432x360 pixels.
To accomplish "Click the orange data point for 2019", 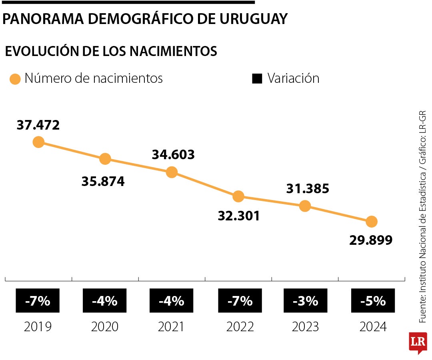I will click(x=38, y=142).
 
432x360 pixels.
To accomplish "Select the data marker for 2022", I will click(x=238, y=196).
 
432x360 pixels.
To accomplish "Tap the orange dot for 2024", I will click(x=372, y=221).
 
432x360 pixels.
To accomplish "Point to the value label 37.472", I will click(x=38, y=125).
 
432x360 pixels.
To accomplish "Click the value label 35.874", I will click(x=103, y=182).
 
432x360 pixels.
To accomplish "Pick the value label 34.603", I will click(x=173, y=155).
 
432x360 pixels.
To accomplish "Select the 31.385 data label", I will click(x=308, y=189).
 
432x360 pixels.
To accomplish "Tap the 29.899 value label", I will click(x=371, y=240).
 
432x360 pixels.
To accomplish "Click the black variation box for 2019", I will click(x=38, y=301).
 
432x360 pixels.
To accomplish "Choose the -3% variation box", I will click(x=305, y=301).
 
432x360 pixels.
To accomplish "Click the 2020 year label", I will click(x=105, y=327).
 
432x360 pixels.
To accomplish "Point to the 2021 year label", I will click(x=171, y=327).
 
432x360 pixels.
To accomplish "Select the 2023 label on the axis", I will click(x=305, y=327).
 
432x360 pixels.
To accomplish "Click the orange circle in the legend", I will click(x=15, y=79).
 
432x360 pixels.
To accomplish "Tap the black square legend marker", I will click(x=257, y=79).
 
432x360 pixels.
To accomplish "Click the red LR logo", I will click(x=418, y=342).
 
